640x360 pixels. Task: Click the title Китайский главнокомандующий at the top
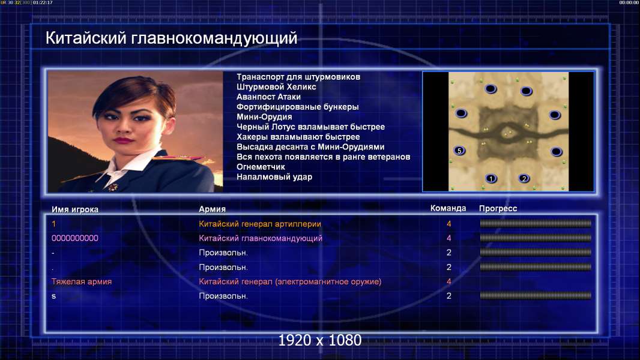pyautogui.click(x=172, y=38)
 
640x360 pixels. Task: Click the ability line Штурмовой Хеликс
pyautogui.click(x=276, y=87)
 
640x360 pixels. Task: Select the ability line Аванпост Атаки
pyautogui.click(x=268, y=97)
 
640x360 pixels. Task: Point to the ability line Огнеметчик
pyautogui.click(x=261, y=167)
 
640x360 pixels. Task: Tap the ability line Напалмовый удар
pyautogui.click(x=274, y=177)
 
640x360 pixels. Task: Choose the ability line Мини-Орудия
pyautogui.click(x=264, y=117)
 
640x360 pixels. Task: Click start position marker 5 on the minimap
pyautogui.click(x=459, y=151)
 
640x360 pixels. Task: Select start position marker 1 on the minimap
pyautogui.click(x=491, y=178)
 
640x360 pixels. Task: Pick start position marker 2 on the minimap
pyautogui.click(x=524, y=178)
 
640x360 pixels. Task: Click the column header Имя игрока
pyautogui.click(x=74, y=209)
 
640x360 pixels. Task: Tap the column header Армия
pyautogui.click(x=213, y=209)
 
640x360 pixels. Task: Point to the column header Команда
pyautogui.click(x=448, y=208)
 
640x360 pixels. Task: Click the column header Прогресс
pyautogui.click(x=498, y=209)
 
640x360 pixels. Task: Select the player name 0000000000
pyautogui.click(x=74, y=238)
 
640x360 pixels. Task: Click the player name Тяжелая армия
pyautogui.click(x=82, y=281)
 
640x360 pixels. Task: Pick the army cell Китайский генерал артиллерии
pyautogui.click(x=260, y=224)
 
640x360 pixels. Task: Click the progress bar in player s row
pyautogui.click(x=536, y=296)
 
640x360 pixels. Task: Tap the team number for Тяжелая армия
pyautogui.click(x=449, y=281)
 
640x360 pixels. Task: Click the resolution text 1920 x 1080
pyautogui.click(x=320, y=340)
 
